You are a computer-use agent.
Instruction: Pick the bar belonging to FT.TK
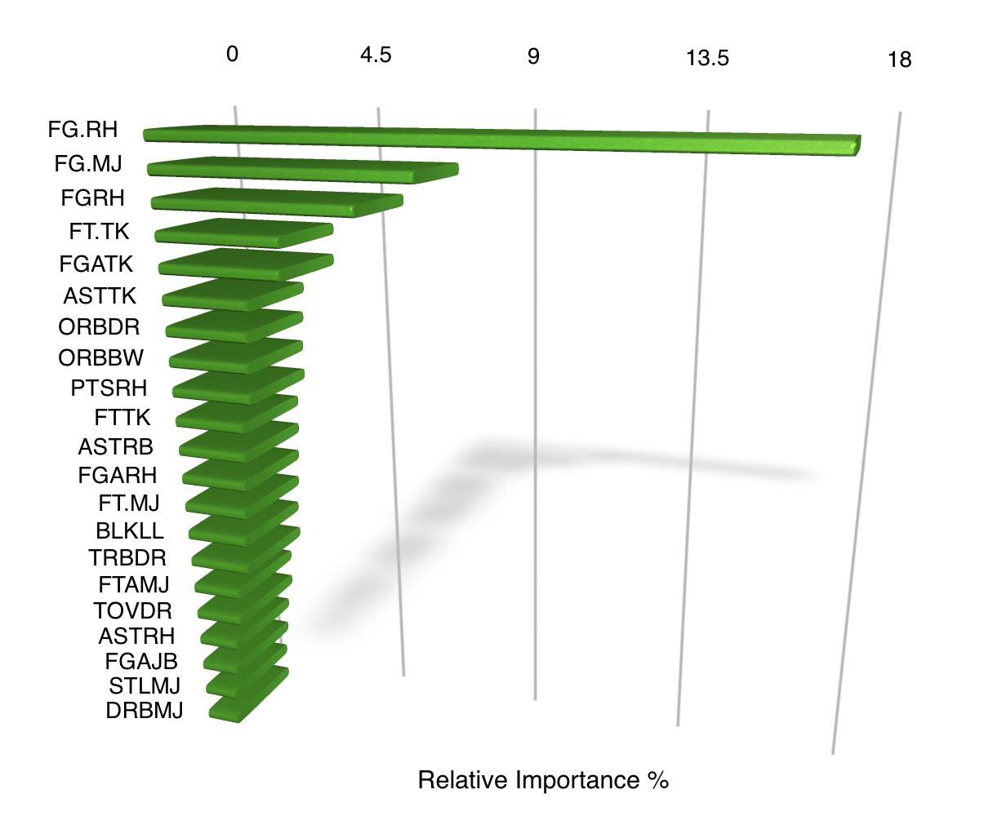243,233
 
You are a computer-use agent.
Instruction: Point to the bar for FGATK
245,264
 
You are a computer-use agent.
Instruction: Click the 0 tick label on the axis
233,55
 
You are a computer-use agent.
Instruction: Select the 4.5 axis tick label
376,55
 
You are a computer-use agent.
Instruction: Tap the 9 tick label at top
533,57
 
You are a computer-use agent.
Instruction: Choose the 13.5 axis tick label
707,58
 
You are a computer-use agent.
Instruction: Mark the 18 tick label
899,60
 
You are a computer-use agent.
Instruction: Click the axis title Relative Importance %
543,780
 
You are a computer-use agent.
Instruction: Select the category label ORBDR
99,327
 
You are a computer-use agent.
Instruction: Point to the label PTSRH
109,388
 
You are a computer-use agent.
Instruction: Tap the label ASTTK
100,295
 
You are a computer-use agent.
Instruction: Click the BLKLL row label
129,530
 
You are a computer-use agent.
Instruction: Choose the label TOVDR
132,610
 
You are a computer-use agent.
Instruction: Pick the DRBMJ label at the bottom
144,711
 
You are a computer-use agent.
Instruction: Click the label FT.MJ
128,502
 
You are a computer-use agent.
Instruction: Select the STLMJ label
144,685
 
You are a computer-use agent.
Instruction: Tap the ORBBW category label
101,357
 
